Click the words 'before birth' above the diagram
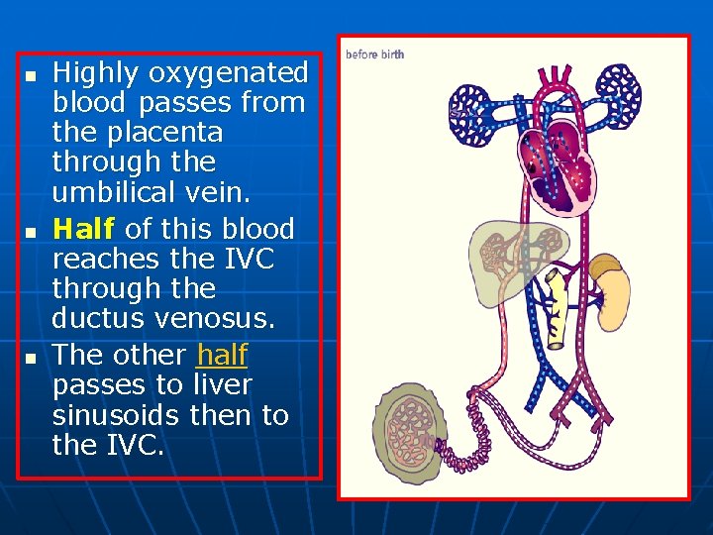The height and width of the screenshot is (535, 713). [x=374, y=54]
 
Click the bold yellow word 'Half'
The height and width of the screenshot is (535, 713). [x=84, y=229]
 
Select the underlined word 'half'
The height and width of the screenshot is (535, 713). [x=223, y=354]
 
